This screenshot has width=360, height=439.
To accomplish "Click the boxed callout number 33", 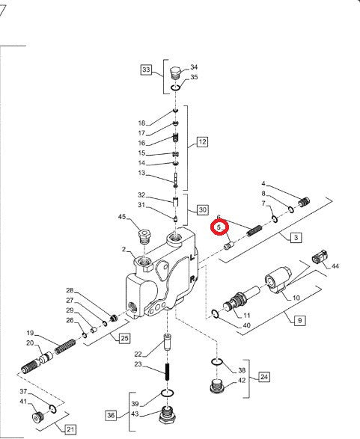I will point(146,71).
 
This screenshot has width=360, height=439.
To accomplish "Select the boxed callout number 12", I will point(201,141).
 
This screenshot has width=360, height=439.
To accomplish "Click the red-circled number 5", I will point(220,227).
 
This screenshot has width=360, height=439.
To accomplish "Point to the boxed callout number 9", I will point(299,319).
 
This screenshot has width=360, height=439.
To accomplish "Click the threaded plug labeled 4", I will point(303,201).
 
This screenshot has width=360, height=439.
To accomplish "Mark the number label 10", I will point(296,297).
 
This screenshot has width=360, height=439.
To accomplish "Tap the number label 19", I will point(31,333).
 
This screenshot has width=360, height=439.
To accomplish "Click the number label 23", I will point(138,364).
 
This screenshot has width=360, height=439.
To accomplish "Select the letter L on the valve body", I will point(193,257).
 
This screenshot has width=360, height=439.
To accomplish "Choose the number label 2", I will point(123,249).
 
